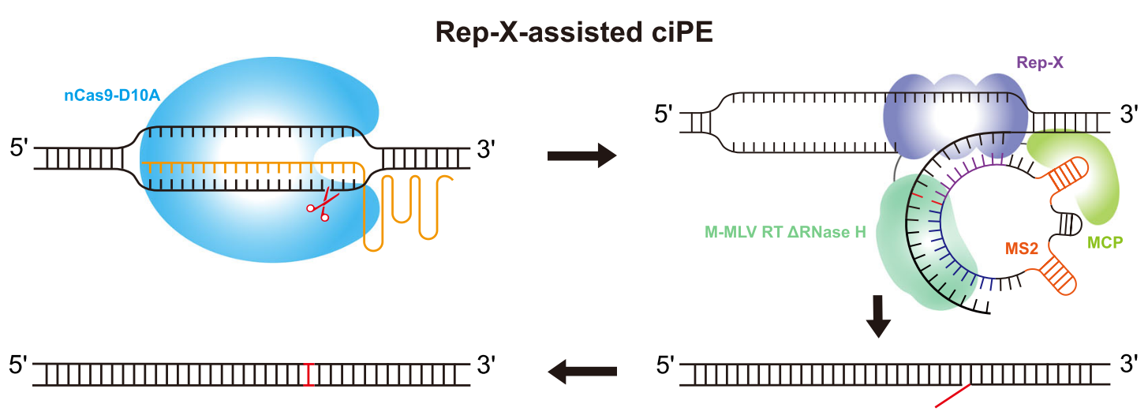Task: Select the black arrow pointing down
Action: [x=878, y=316]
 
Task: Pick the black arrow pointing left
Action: [x=582, y=369]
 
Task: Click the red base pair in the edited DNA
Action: [x=309, y=374]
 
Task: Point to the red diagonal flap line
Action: [x=952, y=396]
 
